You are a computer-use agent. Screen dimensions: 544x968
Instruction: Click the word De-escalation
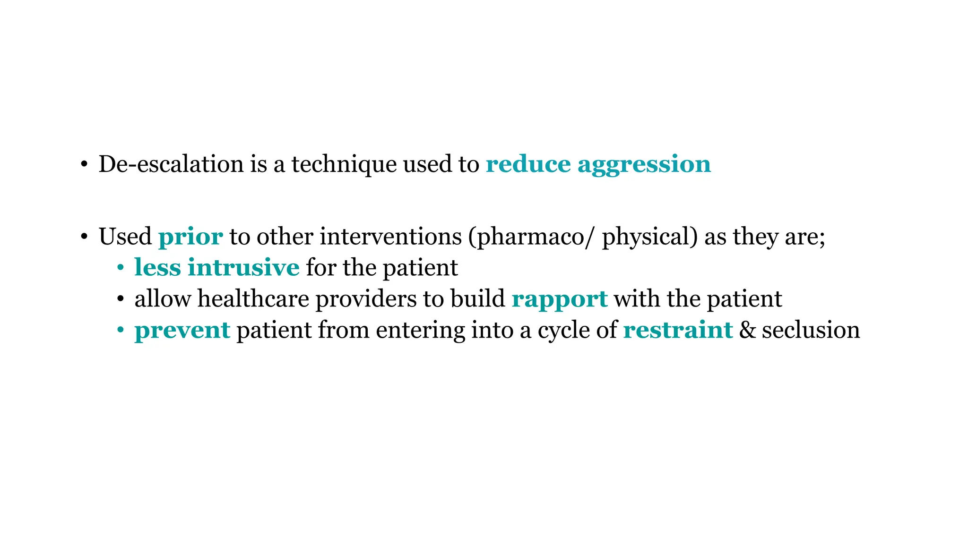tap(172, 164)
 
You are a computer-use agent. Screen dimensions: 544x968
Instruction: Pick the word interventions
tap(390, 237)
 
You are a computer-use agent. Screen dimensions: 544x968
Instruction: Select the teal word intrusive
tap(243, 267)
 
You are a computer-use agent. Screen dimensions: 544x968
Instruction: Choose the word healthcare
tap(253, 299)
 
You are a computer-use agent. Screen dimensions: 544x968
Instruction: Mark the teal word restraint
tap(678, 330)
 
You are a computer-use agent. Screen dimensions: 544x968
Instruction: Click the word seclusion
tap(811, 330)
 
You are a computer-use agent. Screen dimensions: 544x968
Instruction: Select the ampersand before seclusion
tap(747, 330)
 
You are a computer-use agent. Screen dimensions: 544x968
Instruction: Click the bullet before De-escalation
tap(84, 165)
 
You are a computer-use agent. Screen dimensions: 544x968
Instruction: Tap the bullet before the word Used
tap(84, 237)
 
